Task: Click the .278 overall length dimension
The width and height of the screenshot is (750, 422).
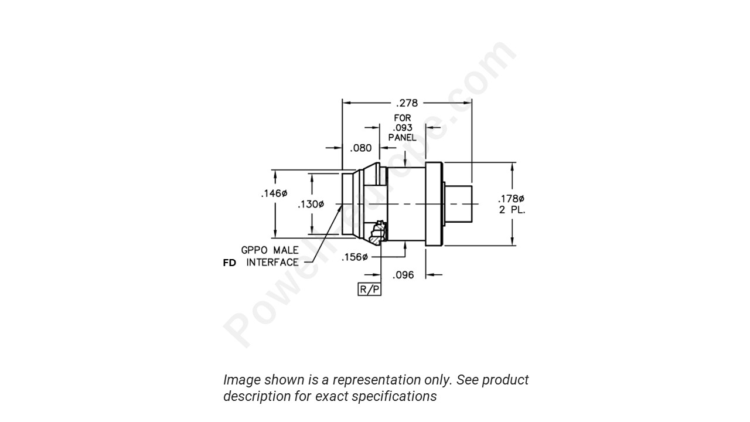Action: click(x=407, y=103)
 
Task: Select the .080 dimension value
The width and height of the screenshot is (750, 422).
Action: click(x=360, y=148)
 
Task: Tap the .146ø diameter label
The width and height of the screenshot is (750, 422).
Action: click(x=274, y=193)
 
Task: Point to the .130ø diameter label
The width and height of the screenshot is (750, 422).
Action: click(x=311, y=205)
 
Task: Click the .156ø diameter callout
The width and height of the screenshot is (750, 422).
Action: click(x=354, y=257)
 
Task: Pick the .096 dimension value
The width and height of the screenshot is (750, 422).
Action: click(x=403, y=275)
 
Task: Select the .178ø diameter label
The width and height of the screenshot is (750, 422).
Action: click(x=511, y=199)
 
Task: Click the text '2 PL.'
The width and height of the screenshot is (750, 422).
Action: click(x=512, y=209)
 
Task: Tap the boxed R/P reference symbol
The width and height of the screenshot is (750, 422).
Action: click(x=369, y=289)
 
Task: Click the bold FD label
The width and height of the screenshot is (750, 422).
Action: click(x=229, y=263)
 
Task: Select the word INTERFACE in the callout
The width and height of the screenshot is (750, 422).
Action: click(x=272, y=263)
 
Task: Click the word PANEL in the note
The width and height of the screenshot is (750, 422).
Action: click(x=402, y=137)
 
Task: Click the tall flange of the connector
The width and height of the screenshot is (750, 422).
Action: click(x=433, y=203)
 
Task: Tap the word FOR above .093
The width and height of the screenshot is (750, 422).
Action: click(x=402, y=118)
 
